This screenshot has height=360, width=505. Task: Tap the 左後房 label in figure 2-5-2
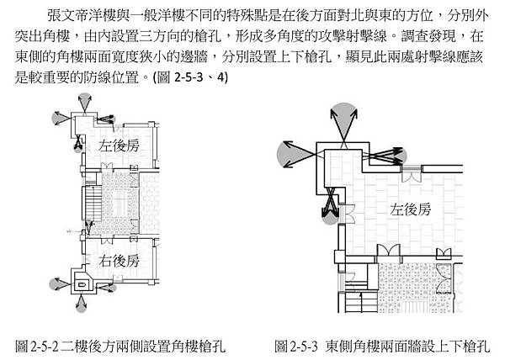click(118, 145)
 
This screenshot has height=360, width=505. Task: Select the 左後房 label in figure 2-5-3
click(409, 209)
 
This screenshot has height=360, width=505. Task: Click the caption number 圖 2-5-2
click(37, 345)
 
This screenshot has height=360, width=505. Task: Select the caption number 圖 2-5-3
click(295, 345)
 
